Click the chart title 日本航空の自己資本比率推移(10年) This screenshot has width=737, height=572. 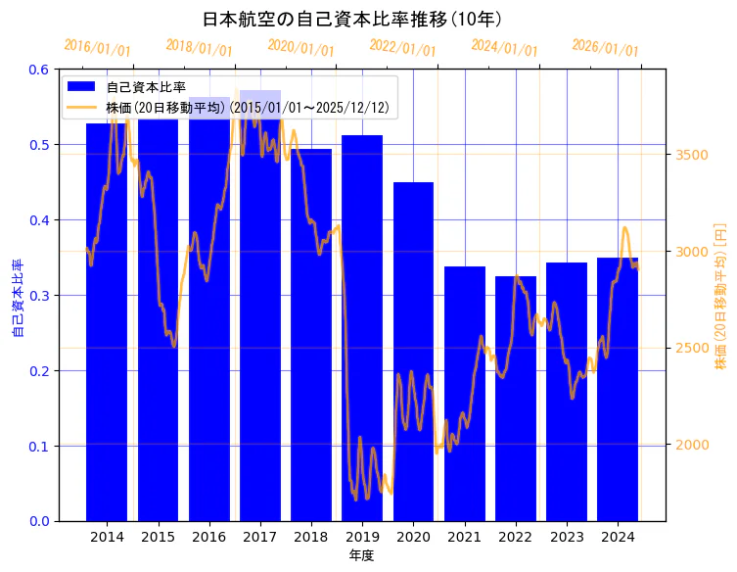(x=352, y=19)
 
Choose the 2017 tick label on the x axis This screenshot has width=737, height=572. (x=259, y=537)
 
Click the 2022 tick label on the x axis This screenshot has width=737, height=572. (x=515, y=537)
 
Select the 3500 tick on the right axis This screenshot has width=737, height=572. (x=691, y=155)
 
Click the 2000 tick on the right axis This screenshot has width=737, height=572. (x=691, y=445)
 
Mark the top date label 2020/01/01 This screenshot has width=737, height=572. (x=300, y=48)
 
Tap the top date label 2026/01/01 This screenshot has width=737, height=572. (x=605, y=48)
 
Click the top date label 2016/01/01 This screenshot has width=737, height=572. (x=97, y=48)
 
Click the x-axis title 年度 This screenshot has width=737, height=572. (x=361, y=555)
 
